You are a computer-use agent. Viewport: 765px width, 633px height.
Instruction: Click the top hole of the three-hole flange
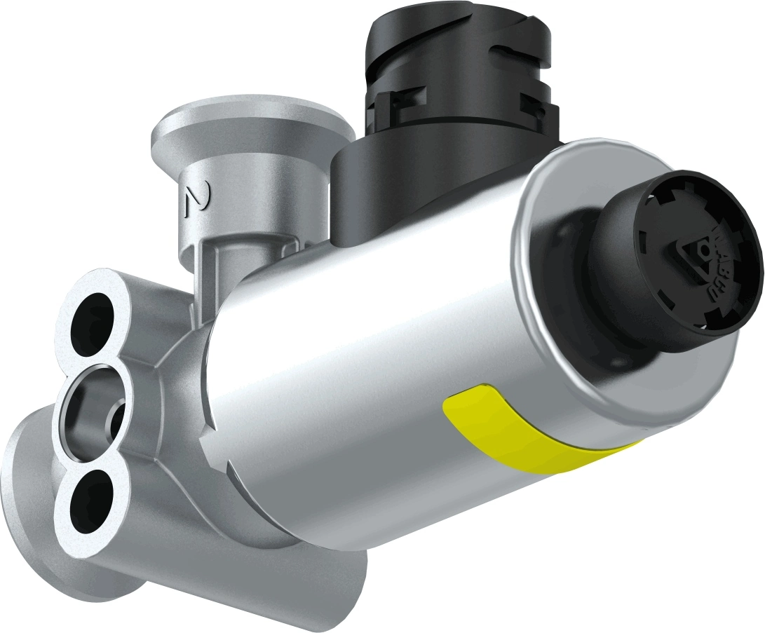93,319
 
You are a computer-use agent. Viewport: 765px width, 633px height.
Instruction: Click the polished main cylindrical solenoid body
365,350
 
